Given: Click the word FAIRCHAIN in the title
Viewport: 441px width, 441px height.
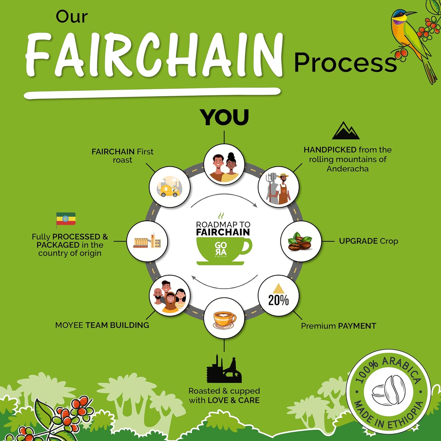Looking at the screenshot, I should tap(154, 56).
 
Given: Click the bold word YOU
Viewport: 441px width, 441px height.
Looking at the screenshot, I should tap(224, 117).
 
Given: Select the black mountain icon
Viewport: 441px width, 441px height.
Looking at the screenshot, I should tap(346, 131).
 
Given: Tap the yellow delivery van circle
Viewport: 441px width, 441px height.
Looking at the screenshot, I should tap(170, 187).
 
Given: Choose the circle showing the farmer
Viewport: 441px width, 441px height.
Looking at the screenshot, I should tap(278, 187).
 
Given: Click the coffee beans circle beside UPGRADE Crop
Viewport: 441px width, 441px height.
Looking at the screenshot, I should tap(301, 241).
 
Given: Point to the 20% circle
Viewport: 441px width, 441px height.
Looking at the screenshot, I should tap(278, 296).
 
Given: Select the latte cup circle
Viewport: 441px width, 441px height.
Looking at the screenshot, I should tap(224, 318).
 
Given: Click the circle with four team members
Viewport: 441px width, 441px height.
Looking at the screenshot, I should tap(170, 296).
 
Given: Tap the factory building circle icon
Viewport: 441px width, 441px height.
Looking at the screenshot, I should tap(147, 241).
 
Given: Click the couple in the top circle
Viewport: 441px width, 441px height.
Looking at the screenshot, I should tap(224, 164).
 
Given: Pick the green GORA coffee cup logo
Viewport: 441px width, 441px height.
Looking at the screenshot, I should tap(223, 250).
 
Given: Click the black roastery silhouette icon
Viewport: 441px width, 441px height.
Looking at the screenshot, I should tap(224, 369).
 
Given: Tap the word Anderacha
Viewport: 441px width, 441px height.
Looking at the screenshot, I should tap(348, 169).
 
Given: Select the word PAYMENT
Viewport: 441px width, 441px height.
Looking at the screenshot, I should tap(357, 326).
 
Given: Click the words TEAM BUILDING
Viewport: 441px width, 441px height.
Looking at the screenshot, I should tap(117, 325).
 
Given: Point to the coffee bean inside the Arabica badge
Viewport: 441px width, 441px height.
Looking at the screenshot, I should tap(389, 391).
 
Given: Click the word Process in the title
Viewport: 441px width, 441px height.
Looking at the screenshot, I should tap(345, 63).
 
